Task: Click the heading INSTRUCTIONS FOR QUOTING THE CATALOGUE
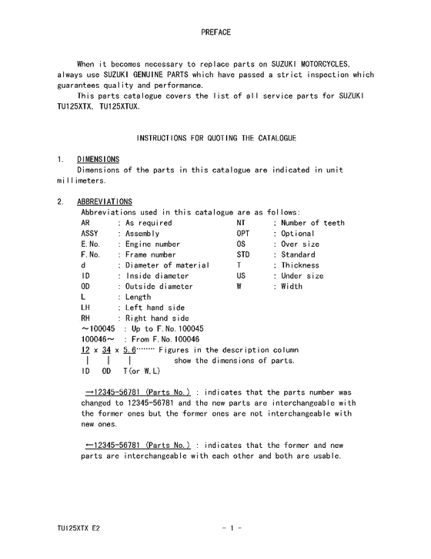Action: (x=215, y=137)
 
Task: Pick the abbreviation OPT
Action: (x=244, y=234)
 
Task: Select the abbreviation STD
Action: (x=244, y=254)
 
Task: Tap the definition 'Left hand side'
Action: (x=155, y=308)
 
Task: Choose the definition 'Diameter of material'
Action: (x=168, y=265)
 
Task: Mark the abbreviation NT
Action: (x=242, y=223)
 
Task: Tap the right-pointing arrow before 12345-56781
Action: (x=89, y=392)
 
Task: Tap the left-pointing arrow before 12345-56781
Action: (x=89, y=446)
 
